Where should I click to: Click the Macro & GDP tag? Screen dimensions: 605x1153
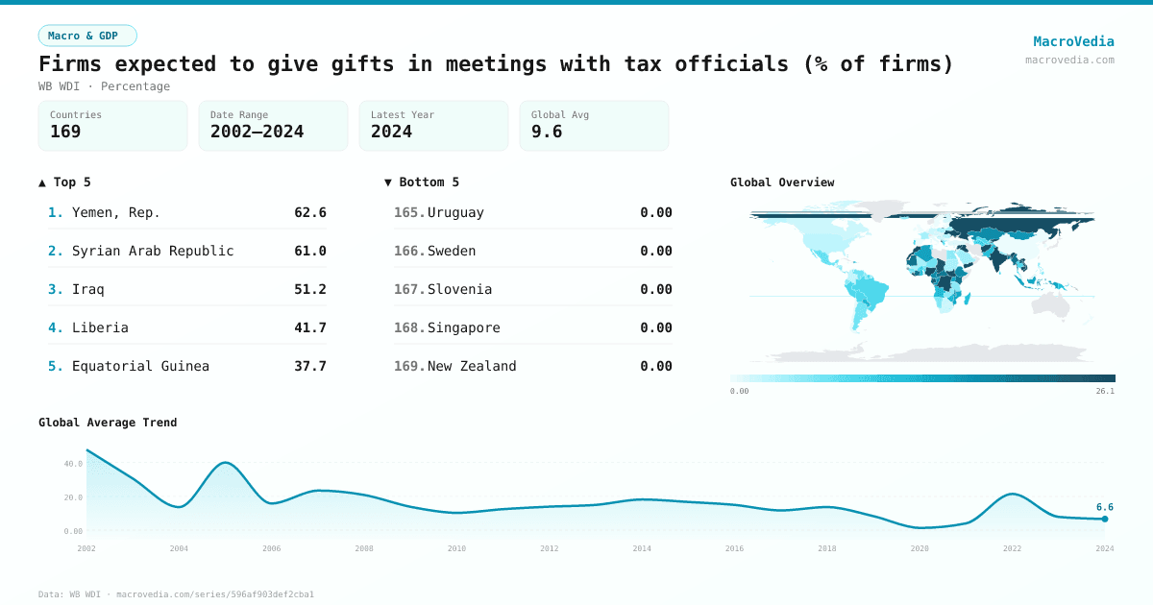pos(87,36)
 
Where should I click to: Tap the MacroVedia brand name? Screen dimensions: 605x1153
pos(1073,41)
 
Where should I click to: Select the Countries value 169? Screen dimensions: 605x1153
pos(65,132)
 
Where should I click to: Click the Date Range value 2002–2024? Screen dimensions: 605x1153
pos(257,132)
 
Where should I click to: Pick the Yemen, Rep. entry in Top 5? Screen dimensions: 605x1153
pos(116,212)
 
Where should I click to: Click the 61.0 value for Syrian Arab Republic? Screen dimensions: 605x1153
pos(310,251)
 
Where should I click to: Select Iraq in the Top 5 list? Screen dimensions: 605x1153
pos(88,289)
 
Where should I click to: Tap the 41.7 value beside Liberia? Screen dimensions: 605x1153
pos(310,327)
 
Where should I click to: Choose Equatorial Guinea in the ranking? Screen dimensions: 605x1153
pos(140,366)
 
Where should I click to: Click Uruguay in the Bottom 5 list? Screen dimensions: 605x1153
pos(455,212)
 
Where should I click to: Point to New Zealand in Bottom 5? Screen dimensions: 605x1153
pos(472,366)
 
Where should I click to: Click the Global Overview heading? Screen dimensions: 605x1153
pos(782,182)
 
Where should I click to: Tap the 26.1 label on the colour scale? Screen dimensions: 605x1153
pos(1105,391)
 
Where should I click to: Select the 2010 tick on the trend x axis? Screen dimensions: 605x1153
pos(456,548)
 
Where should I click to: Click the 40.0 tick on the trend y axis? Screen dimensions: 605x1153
pos(73,464)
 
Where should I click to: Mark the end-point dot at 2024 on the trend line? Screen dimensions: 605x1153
pos(1105,519)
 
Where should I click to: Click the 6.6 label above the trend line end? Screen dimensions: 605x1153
pos(1105,507)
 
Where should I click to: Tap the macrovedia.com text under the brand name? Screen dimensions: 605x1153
pos(1069,60)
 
